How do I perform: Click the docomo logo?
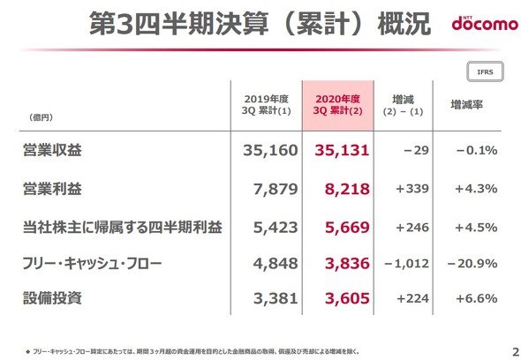(x=485, y=23)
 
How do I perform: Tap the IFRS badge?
(x=485, y=71)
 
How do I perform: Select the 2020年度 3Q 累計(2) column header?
(x=337, y=105)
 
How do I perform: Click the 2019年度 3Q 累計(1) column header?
(x=266, y=105)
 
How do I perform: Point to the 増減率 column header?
(x=466, y=105)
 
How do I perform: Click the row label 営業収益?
(x=52, y=150)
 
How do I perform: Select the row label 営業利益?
(x=52, y=189)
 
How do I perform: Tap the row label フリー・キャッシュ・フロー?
(x=92, y=263)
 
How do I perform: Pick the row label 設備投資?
(x=52, y=298)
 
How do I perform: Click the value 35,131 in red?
(x=342, y=151)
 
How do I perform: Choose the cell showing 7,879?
(x=276, y=190)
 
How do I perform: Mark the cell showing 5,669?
(x=347, y=228)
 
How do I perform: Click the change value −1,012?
(x=406, y=264)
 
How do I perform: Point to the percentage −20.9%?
(x=472, y=264)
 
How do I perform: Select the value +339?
(x=412, y=189)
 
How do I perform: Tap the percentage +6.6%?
(x=477, y=298)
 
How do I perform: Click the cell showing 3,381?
(x=276, y=298)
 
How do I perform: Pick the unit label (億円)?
(x=41, y=117)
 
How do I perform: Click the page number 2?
(x=516, y=352)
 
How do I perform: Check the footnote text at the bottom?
(x=193, y=351)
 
